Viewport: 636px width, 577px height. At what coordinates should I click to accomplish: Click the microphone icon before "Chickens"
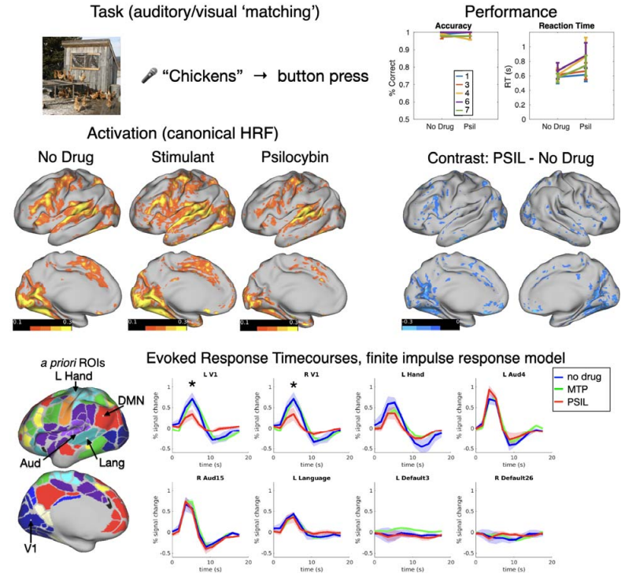tap(147, 76)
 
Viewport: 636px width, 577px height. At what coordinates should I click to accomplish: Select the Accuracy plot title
tap(448, 26)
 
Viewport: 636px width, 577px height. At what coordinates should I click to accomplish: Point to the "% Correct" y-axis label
tap(391, 76)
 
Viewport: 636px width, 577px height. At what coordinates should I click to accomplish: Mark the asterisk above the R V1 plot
tap(292, 385)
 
